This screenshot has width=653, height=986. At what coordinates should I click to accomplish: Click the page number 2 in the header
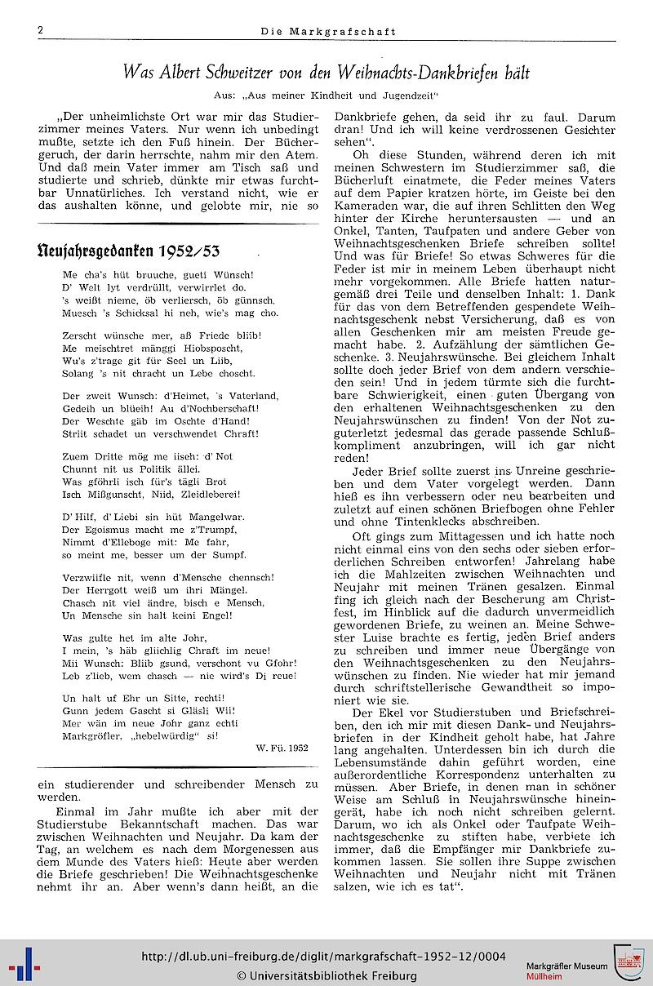pos(39,31)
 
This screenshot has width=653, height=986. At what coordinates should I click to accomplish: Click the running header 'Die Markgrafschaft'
pos(328,32)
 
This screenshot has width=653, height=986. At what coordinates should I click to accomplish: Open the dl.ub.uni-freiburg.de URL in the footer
pos(323,957)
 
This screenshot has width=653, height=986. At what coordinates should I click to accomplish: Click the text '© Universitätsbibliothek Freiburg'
pos(326,975)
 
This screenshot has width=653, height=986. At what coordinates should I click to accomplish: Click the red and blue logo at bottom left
pos(24,966)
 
